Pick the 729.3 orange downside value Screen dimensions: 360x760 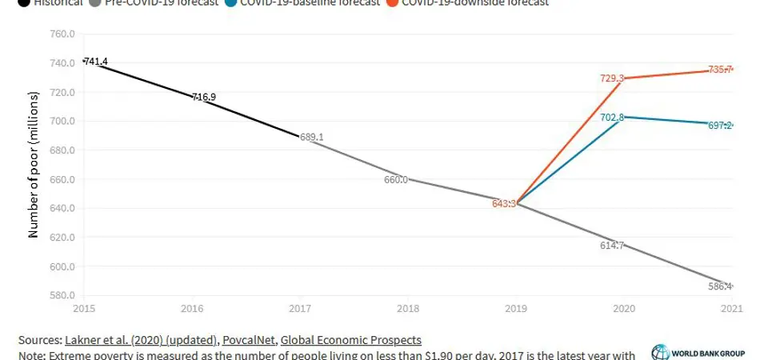[x=612, y=78]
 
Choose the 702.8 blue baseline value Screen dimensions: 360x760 [x=612, y=118]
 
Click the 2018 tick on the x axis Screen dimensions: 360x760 [x=408, y=307]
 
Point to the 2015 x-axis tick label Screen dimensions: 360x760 [x=83, y=307]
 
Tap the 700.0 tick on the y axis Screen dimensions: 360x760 [x=62, y=122]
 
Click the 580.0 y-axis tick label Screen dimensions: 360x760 [x=62, y=296]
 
